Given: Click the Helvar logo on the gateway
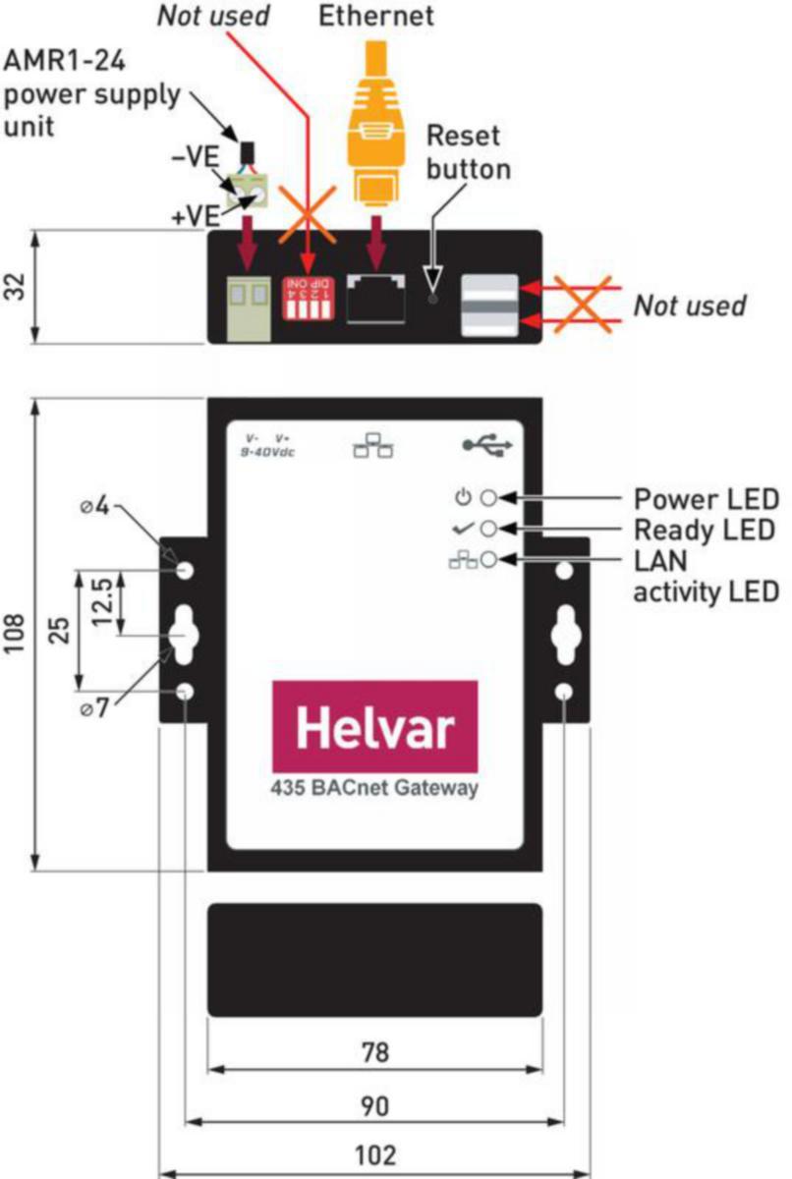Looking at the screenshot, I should (374, 727).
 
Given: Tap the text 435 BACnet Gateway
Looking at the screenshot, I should (374, 788).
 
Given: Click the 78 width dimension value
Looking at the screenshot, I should (374, 1052).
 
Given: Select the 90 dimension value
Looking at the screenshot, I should (374, 1105).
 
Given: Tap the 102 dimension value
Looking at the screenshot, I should (374, 1155).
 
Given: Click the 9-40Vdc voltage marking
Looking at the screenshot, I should (268, 452).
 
